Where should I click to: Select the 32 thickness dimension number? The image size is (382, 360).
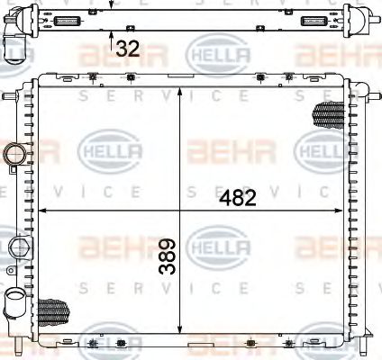coord(127,49)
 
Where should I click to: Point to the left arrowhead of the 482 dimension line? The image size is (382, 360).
coord(40,211)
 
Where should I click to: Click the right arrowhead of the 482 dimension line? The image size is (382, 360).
coord(343,211)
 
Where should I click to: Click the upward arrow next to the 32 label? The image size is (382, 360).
coord(111,40)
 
